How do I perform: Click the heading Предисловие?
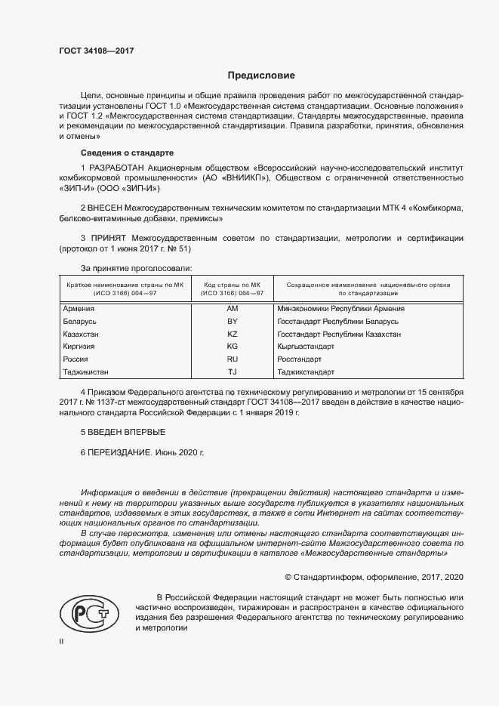[x=262, y=76]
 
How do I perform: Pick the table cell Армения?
[x=79, y=309]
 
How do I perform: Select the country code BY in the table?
[x=233, y=321]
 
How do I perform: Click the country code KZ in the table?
[x=233, y=334]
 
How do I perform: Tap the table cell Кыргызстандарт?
[x=306, y=347]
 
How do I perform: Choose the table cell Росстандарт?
[x=300, y=359]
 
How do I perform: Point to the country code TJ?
[x=233, y=372]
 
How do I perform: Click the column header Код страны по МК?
[x=233, y=284]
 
